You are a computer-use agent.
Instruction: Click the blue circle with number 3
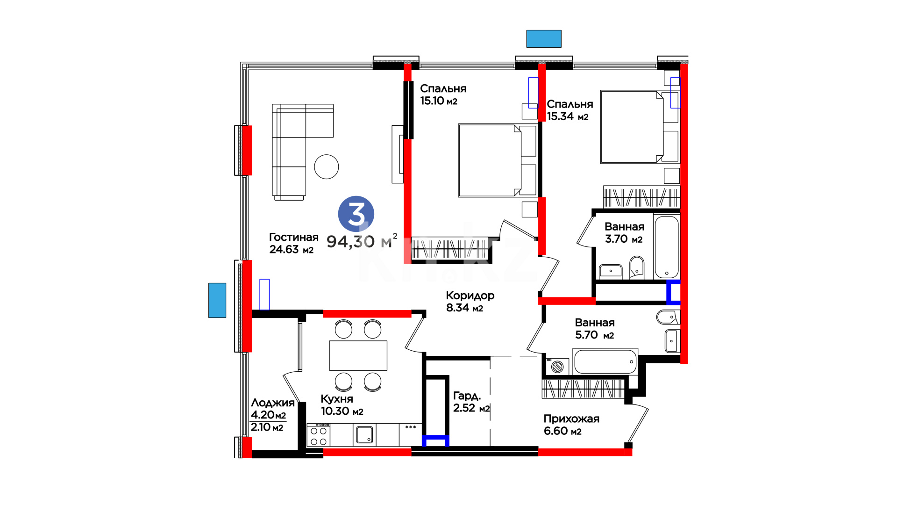click(x=356, y=214)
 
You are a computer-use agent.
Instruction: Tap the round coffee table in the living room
click(x=326, y=166)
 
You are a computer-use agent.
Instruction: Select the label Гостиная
click(x=293, y=238)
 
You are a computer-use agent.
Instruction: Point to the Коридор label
click(x=470, y=296)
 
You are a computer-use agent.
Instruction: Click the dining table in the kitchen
click(x=358, y=355)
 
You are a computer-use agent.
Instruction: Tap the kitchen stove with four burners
click(x=319, y=435)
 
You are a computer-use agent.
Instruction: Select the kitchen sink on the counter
click(x=364, y=435)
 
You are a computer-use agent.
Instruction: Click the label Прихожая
click(x=571, y=419)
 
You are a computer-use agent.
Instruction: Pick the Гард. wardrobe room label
click(x=467, y=396)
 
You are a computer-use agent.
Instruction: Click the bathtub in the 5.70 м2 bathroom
click(x=605, y=361)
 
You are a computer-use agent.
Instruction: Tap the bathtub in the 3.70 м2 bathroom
click(x=667, y=247)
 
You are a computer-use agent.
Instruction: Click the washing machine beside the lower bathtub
click(x=556, y=367)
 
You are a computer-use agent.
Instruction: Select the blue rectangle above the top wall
click(x=544, y=39)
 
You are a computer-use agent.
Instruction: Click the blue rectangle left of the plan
click(x=217, y=300)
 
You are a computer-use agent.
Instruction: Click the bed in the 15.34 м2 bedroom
click(x=639, y=127)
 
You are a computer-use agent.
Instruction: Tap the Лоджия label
click(x=273, y=403)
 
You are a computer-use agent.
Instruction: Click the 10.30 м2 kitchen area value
click(x=342, y=411)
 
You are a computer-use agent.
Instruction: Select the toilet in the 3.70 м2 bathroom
click(x=636, y=267)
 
